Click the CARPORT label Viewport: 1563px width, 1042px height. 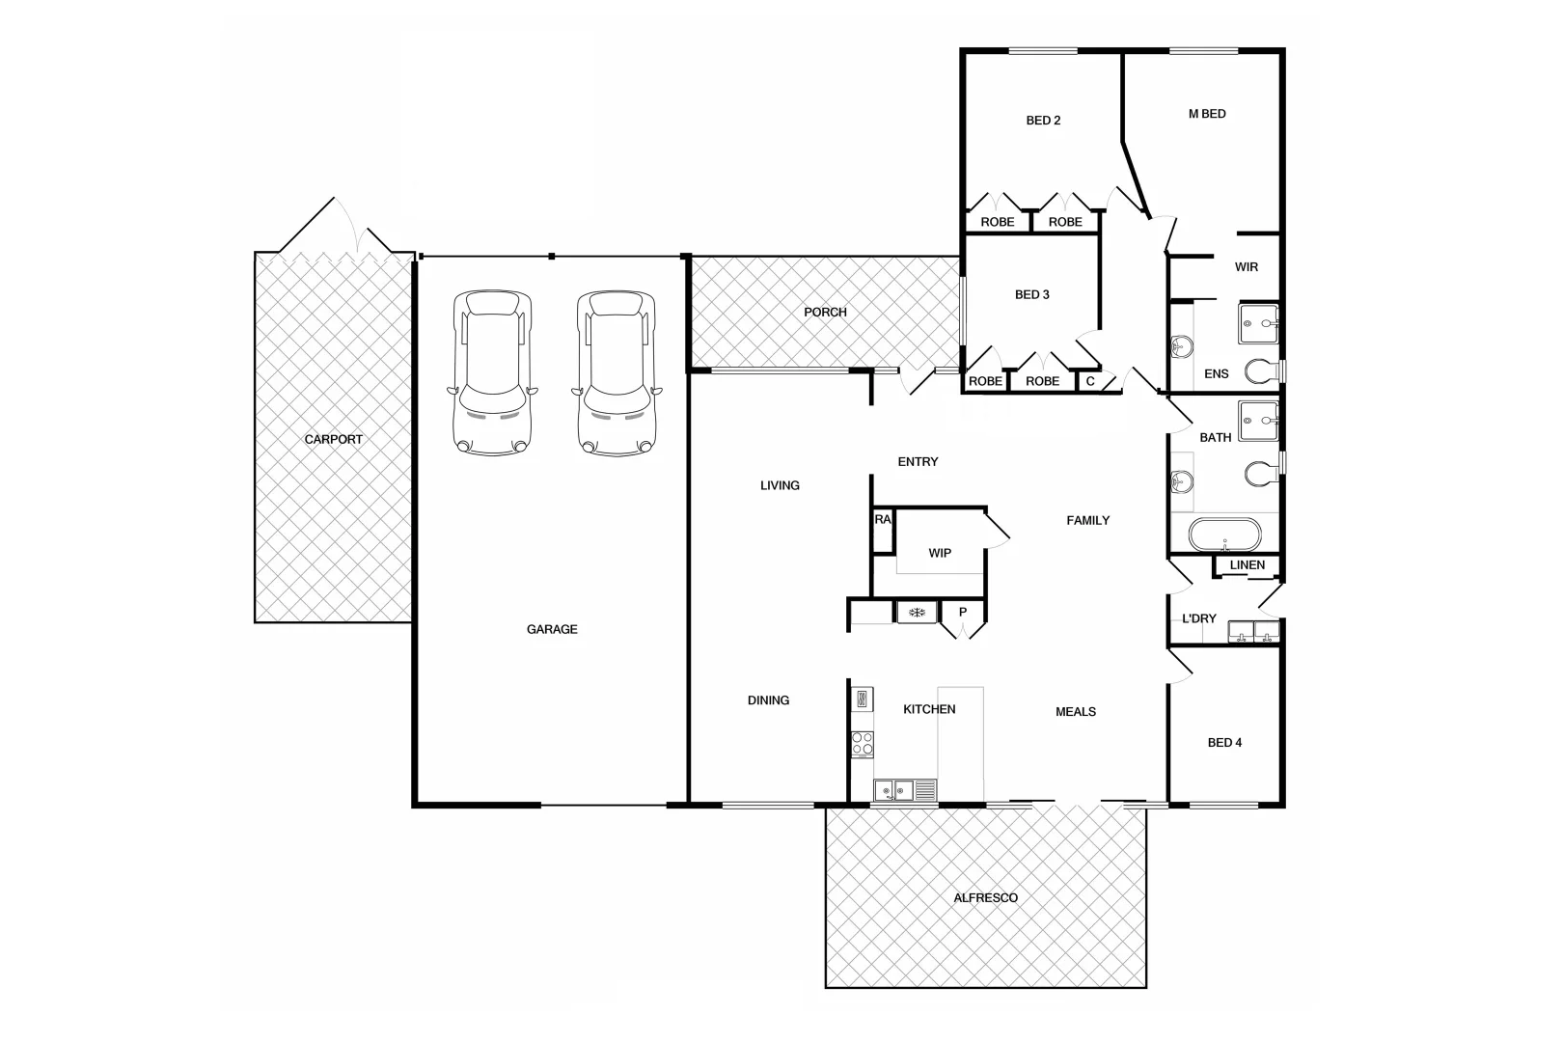tap(334, 439)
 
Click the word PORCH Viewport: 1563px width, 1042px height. tap(825, 312)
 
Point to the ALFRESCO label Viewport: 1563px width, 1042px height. tap(985, 897)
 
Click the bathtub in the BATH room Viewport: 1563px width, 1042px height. tap(1224, 534)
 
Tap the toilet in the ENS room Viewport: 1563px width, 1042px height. tap(1258, 370)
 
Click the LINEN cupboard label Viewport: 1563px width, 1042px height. tap(1248, 565)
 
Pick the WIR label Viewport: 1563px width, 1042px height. tap(1247, 267)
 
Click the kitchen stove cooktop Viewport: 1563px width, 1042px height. tap(863, 743)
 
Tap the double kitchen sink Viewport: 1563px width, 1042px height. tap(895, 791)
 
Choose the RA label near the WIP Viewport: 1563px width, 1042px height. tap(883, 519)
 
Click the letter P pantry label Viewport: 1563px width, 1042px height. tap(963, 613)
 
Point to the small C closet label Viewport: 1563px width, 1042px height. tap(1090, 381)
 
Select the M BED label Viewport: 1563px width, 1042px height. tap(1207, 114)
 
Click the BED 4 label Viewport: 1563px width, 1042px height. tap(1224, 742)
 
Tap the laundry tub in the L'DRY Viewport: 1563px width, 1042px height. tap(1253, 632)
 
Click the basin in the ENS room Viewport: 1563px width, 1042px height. tap(1181, 344)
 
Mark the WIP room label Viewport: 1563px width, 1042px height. tap(940, 553)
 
